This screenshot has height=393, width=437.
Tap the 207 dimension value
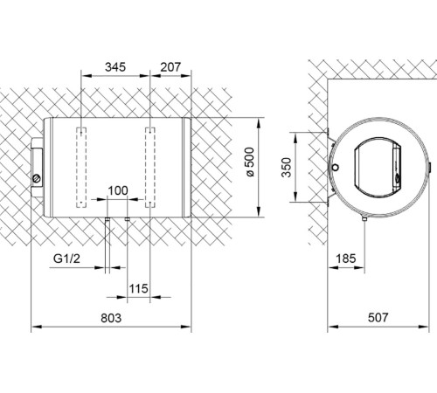[170, 65]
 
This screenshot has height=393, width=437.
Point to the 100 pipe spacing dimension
[116, 190]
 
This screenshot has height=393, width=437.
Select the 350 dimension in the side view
[301, 167]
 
